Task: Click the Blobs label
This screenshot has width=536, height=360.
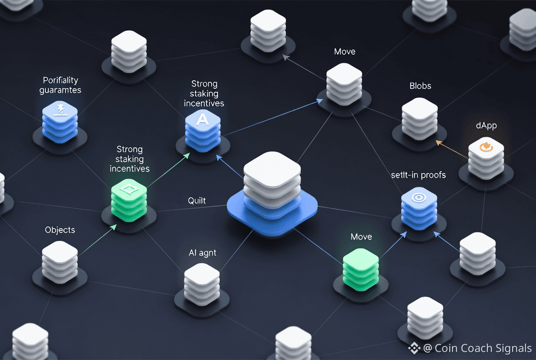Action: pos(420,86)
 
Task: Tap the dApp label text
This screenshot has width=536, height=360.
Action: pos(486,125)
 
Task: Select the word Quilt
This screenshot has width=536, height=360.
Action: pos(197,201)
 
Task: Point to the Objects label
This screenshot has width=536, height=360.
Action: pos(60,230)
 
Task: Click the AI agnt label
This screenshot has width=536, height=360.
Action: pos(202,253)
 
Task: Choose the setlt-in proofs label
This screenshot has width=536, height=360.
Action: pos(418,175)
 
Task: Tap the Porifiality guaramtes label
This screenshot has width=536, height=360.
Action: pos(60,85)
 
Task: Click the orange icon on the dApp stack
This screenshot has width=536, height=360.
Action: pos(486,147)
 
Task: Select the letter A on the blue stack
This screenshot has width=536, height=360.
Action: pos(202,119)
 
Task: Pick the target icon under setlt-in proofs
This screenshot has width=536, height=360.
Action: pos(418,197)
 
